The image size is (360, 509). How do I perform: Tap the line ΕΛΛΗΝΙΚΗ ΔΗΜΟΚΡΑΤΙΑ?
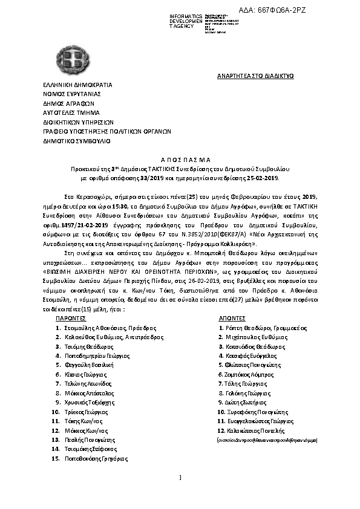pyautogui.click(x=77, y=85)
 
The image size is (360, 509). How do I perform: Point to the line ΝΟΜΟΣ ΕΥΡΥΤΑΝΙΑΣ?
pyautogui.click(x=71, y=94)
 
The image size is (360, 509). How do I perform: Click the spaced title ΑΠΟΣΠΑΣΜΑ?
pyautogui.click(x=180, y=154)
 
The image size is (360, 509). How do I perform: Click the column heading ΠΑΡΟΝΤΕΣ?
pyautogui.click(x=71, y=317)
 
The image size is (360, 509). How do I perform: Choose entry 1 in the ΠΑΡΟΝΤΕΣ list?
pyautogui.click(x=102, y=327)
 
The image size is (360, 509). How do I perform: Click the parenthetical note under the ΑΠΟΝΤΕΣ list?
pyautogui.click(x=267, y=441)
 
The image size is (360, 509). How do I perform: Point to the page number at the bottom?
pyautogui.click(x=180, y=479)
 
